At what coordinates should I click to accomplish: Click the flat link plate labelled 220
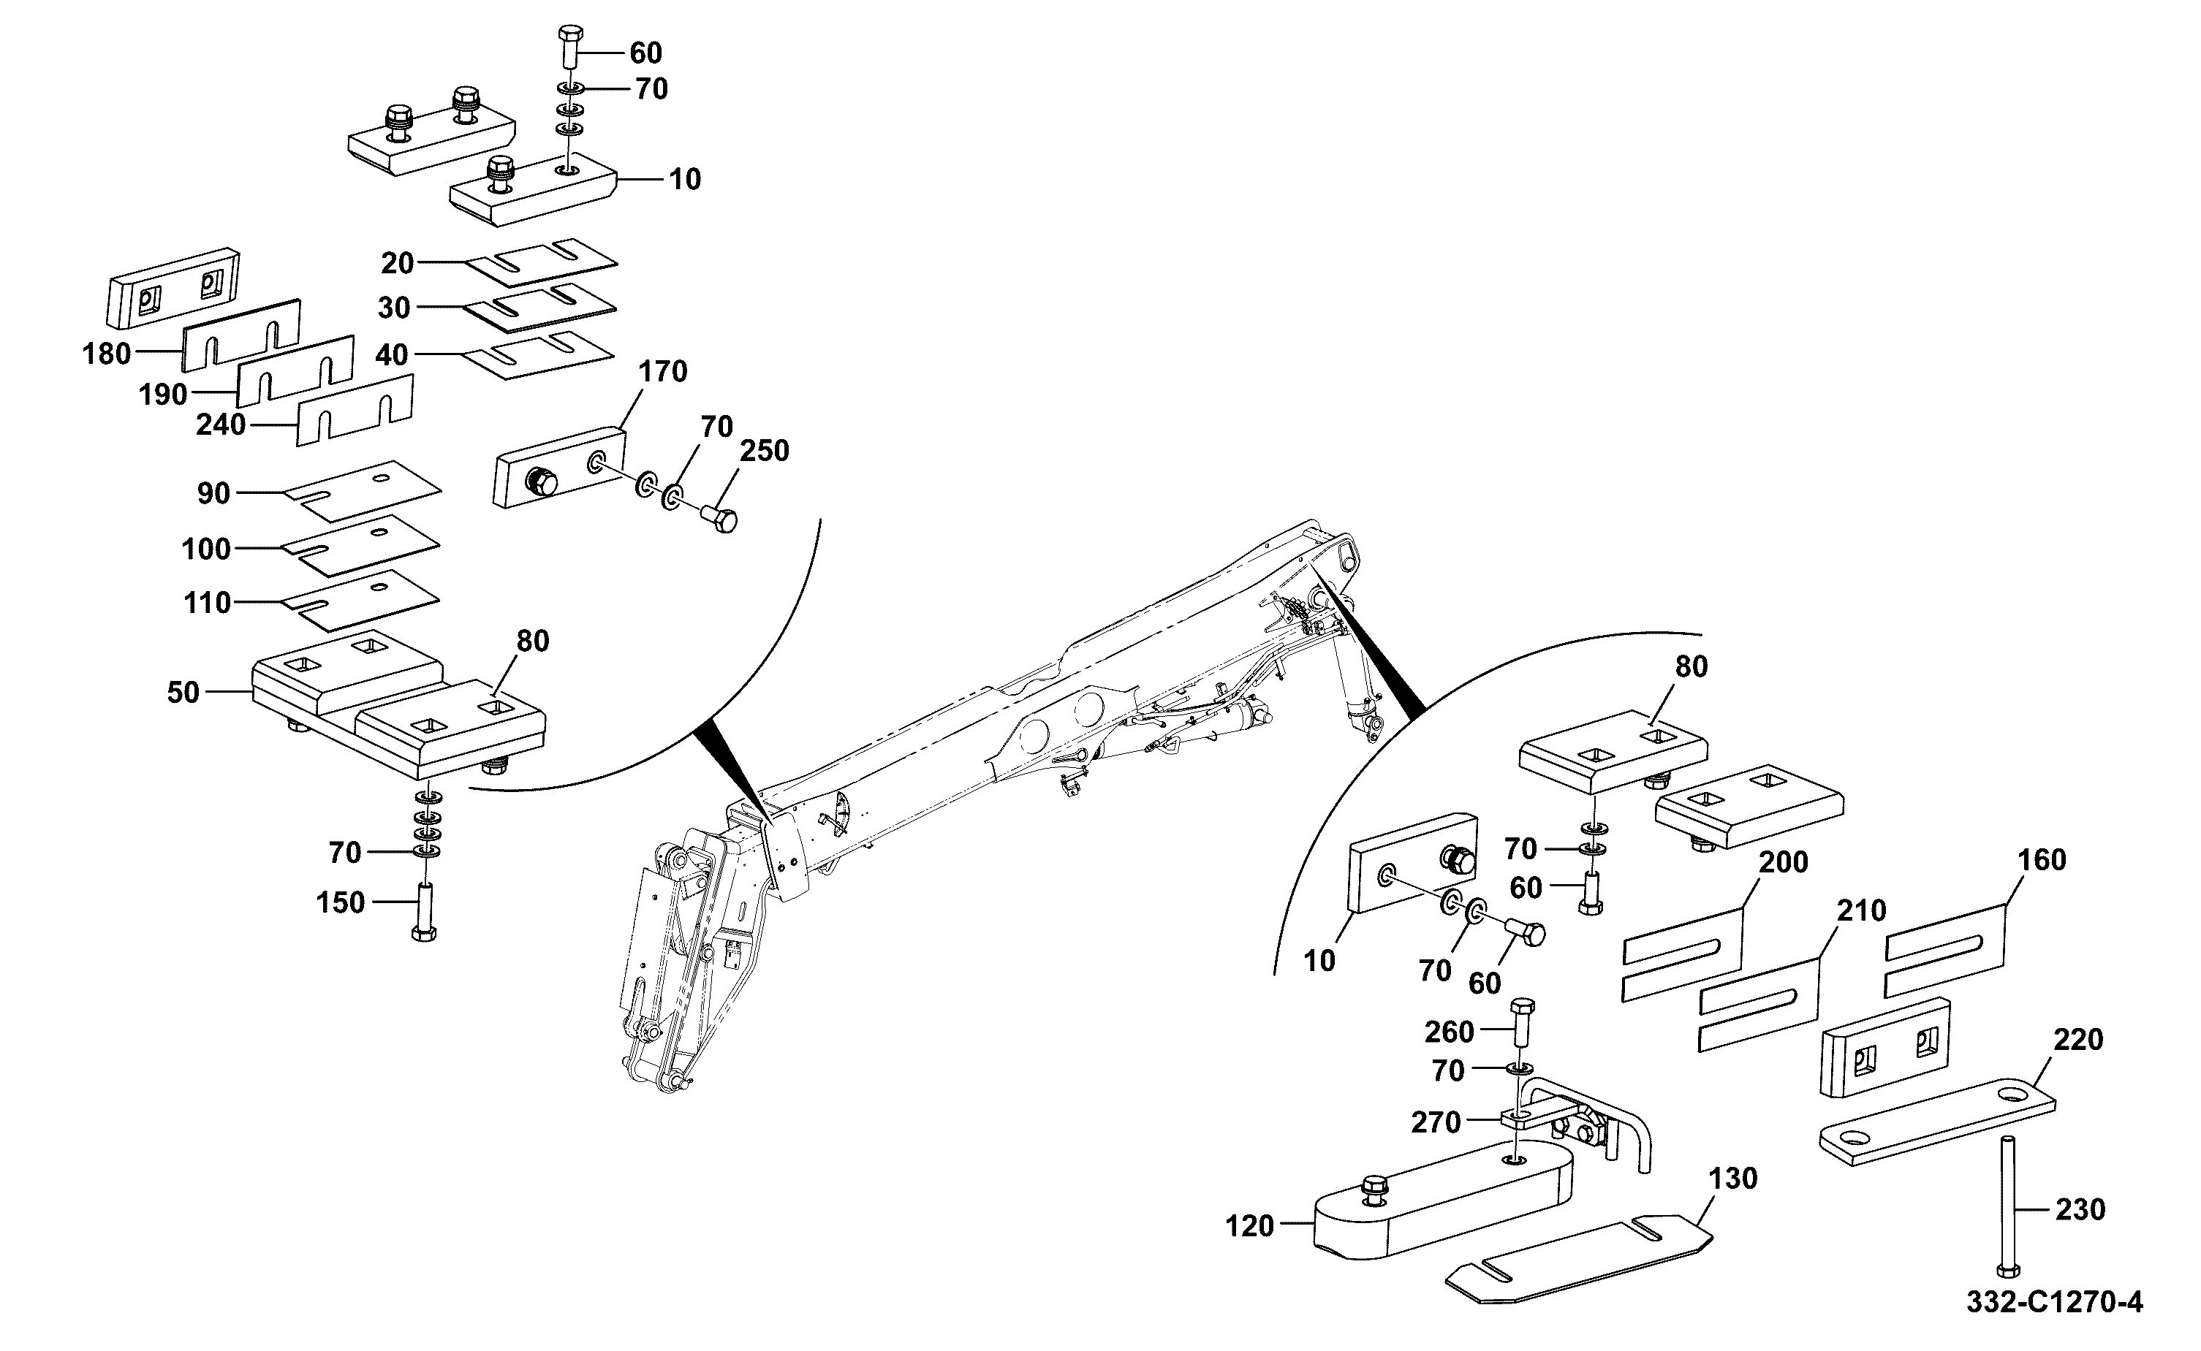click(x=1937, y=1122)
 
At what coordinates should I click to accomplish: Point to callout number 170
click(x=662, y=372)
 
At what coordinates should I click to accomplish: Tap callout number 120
click(x=1249, y=1227)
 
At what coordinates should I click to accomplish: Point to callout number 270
click(x=1435, y=1122)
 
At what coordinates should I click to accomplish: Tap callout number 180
click(x=107, y=354)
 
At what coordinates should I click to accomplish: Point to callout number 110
click(x=208, y=603)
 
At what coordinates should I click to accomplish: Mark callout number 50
click(x=183, y=693)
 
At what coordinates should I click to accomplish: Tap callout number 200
click(x=1784, y=862)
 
